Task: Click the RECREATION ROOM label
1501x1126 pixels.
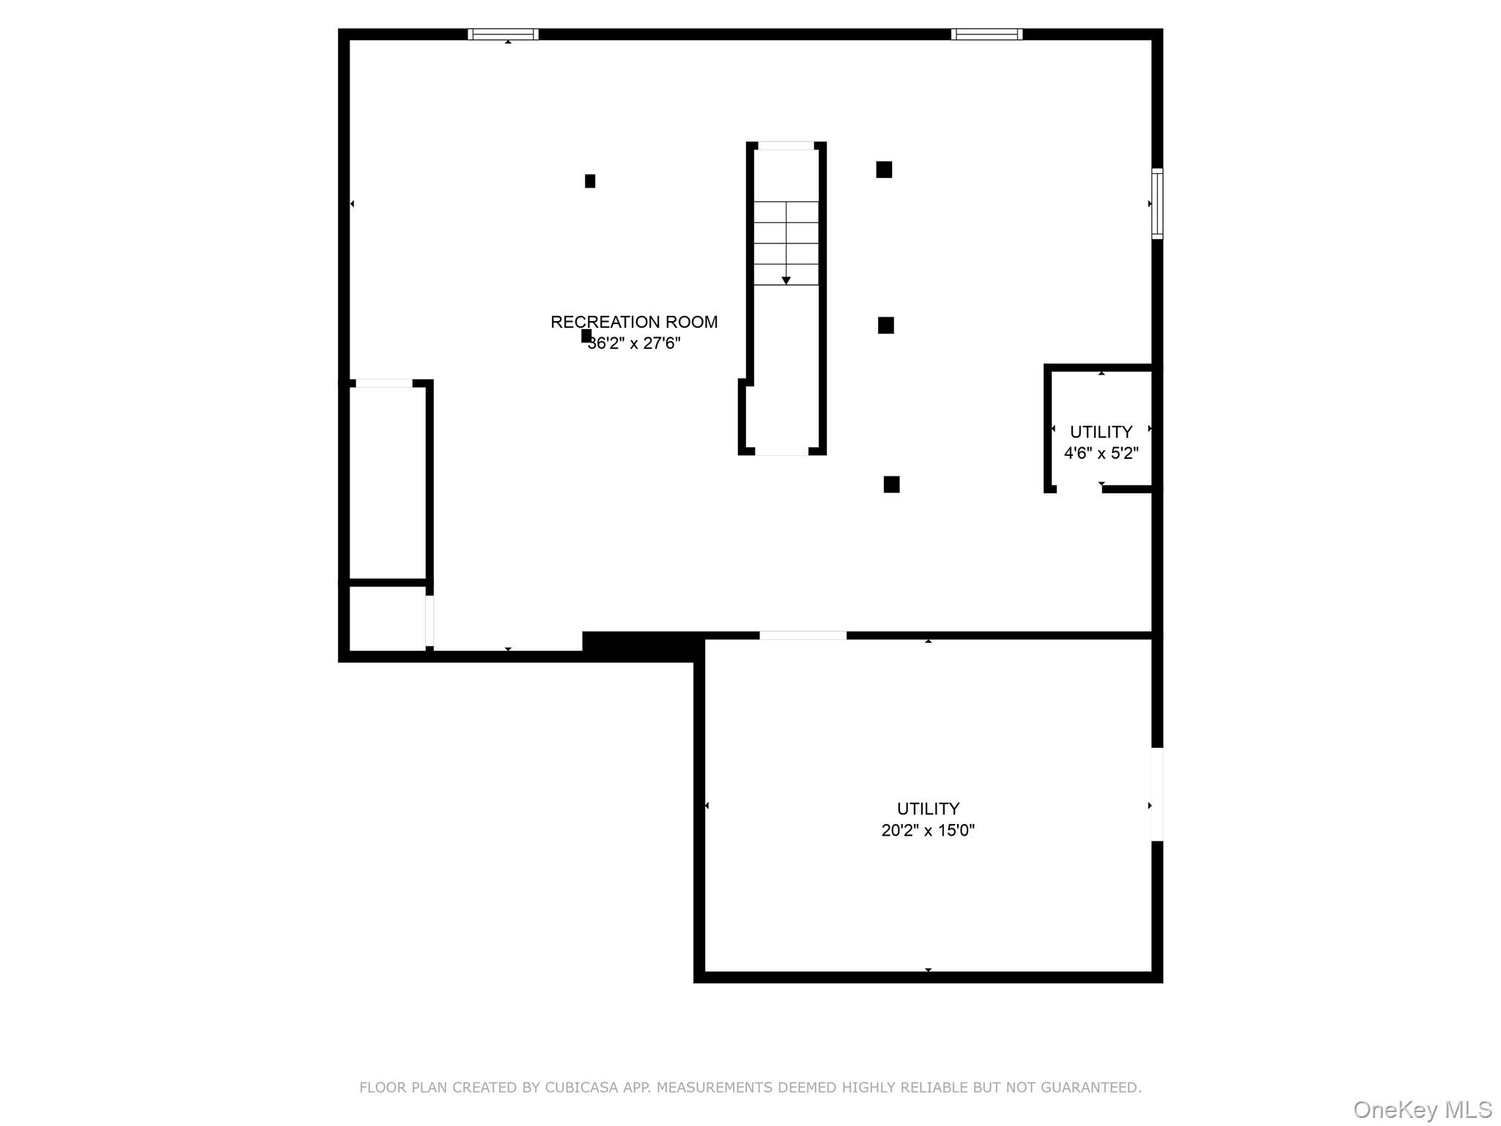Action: [x=634, y=322]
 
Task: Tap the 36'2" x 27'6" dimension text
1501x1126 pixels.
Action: [x=635, y=343]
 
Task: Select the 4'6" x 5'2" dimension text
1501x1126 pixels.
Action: [x=1101, y=453]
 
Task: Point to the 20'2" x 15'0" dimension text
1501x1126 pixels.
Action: [x=928, y=831]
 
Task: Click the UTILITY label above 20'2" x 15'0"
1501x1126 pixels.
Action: [x=928, y=809]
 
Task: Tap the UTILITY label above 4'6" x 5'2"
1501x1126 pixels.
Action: [x=1101, y=432]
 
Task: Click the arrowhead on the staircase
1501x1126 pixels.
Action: [x=786, y=281]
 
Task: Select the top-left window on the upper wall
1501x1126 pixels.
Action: [x=503, y=34]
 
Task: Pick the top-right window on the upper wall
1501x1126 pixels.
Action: [x=986, y=34]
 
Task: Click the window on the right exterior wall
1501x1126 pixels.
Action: [x=1157, y=203]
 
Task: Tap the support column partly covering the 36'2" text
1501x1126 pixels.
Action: [x=586, y=336]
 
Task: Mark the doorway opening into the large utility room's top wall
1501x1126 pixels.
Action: [x=803, y=636]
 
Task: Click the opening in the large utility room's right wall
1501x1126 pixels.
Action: [x=1157, y=794]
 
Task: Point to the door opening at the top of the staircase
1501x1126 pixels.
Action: [x=786, y=146]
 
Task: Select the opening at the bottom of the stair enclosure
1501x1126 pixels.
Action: [x=781, y=451]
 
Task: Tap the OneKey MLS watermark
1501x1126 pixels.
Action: [x=1423, y=1110]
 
